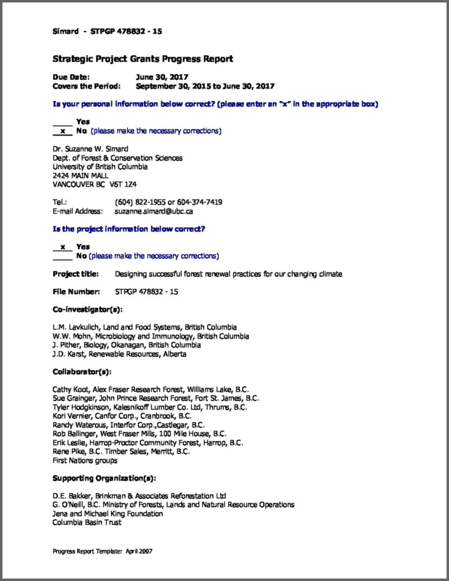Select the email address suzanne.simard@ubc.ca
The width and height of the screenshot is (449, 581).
tap(153, 211)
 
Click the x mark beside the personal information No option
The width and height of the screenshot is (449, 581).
tap(63, 131)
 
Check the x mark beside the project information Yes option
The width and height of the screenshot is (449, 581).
tap(63, 247)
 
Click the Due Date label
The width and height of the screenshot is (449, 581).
tap(71, 76)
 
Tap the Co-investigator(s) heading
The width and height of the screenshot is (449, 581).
tap(86, 309)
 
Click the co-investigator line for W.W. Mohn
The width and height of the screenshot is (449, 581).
tap(151, 336)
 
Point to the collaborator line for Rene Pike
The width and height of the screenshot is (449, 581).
tap(121, 451)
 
